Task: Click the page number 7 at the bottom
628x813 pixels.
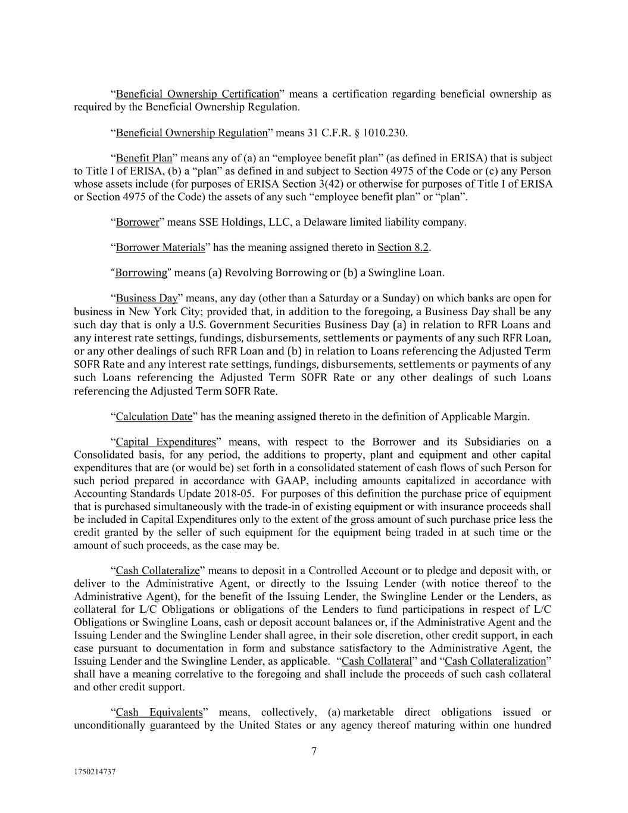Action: (314, 752)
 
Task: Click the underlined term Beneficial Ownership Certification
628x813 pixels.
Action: (197, 94)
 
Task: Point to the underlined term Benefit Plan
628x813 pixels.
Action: (143, 158)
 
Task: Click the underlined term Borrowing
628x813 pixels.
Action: (141, 273)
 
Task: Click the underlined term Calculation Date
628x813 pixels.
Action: (154, 416)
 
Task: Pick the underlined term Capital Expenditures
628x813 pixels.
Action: (165, 442)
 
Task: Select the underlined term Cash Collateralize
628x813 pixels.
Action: (157, 571)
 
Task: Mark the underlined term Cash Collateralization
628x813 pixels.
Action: (495, 661)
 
